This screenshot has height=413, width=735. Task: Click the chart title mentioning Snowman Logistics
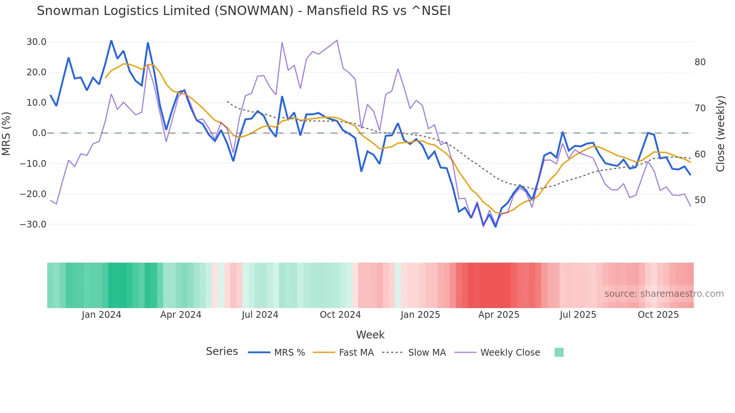click(243, 11)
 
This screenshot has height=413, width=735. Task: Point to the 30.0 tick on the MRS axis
click(36, 42)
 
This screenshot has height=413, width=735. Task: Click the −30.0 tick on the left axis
click(33, 224)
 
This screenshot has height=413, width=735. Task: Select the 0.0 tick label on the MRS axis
click(39, 133)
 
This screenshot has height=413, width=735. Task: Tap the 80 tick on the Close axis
click(700, 62)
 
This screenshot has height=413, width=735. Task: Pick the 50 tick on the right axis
click(700, 200)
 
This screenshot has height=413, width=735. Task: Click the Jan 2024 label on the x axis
click(101, 315)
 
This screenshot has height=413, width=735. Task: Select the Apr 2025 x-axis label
click(498, 315)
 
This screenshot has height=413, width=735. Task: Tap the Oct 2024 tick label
click(340, 315)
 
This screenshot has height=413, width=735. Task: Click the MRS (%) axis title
click(6, 133)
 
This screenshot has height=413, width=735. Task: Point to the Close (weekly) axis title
click(720, 134)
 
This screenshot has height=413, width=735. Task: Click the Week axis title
click(370, 335)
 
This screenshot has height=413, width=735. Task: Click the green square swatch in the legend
click(559, 352)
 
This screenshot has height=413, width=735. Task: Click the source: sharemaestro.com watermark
click(664, 294)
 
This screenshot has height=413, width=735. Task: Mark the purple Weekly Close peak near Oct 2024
click(337, 40)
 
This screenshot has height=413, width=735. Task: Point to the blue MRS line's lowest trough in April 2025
click(495, 226)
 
